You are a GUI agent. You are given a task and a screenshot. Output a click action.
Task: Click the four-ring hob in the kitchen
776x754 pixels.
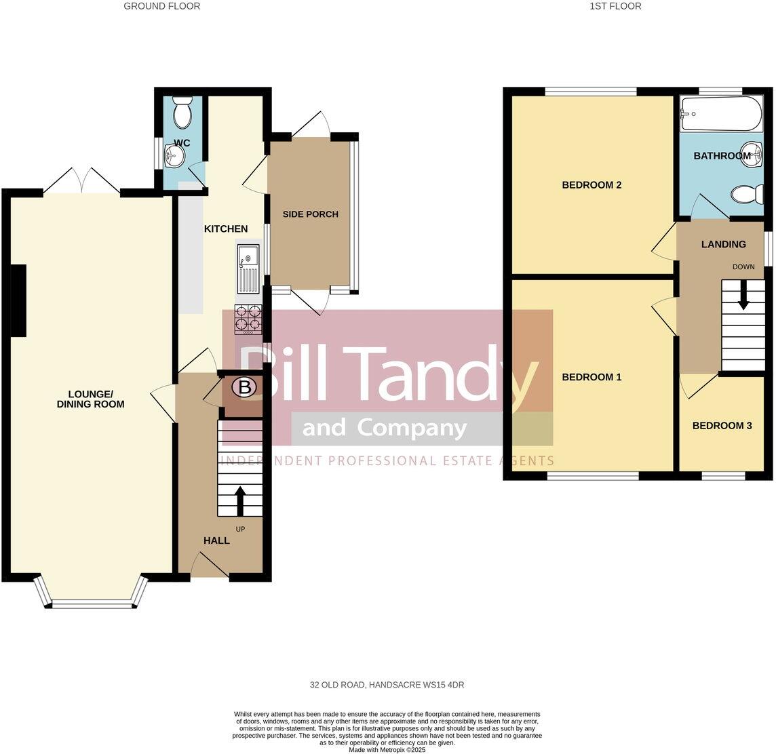(x=248, y=319)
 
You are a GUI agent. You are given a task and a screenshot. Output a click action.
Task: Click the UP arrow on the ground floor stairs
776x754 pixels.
(x=239, y=499)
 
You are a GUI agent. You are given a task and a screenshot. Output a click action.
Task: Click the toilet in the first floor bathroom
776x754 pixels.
(x=746, y=195)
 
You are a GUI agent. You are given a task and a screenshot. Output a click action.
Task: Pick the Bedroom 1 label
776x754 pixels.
(x=591, y=377)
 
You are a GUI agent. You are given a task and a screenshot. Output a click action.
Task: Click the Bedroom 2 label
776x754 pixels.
(x=591, y=185)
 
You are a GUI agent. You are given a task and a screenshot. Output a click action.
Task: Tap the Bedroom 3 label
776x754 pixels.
(x=722, y=426)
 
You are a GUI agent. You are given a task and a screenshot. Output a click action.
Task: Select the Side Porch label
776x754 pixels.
(x=310, y=214)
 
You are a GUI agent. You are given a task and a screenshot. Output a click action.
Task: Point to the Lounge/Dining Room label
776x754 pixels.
(x=96, y=399)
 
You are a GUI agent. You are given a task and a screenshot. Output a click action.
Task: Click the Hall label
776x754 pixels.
(x=217, y=540)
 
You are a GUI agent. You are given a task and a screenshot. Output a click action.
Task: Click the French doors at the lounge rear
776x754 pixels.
(x=82, y=182)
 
